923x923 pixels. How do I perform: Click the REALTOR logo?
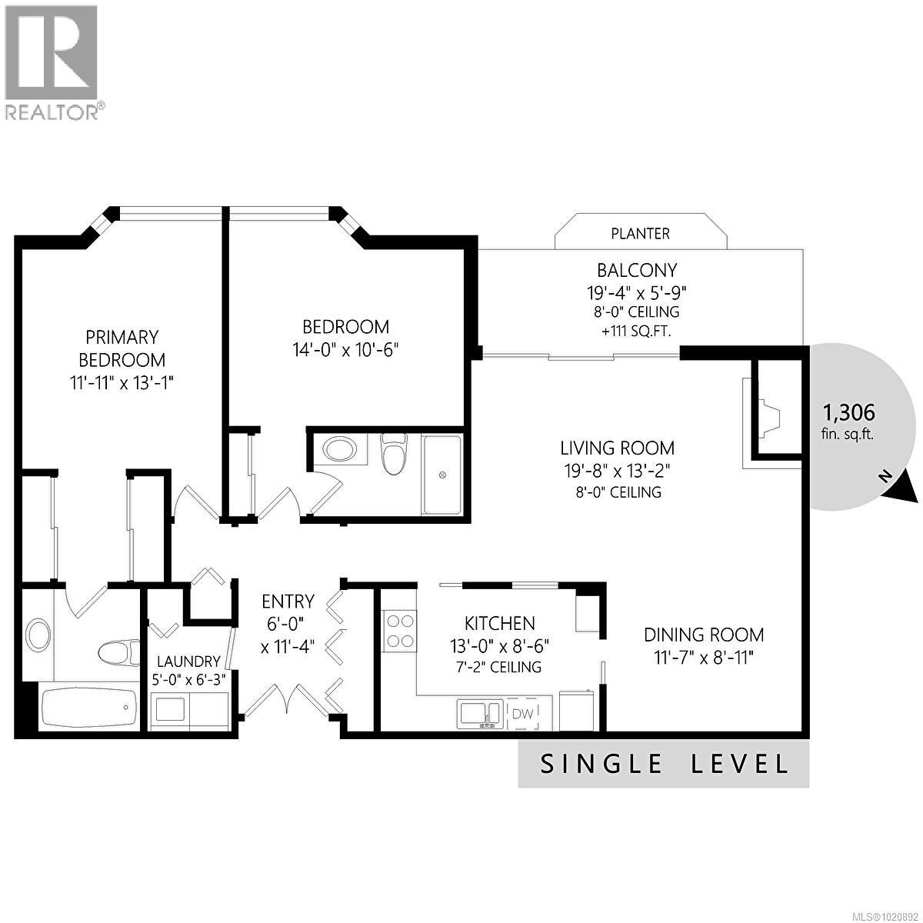tap(52, 62)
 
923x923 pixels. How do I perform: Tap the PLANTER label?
tap(640, 233)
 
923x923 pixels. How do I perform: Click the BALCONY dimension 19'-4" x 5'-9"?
tap(636, 292)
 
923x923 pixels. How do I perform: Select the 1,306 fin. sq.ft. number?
tap(848, 413)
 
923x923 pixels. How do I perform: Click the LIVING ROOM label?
tap(617, 448)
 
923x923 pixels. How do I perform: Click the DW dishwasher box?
tap(523, 714)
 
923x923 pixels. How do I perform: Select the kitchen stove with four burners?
tap(399, 631)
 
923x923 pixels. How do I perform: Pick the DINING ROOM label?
tap(703, 635)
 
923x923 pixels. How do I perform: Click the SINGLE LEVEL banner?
tap(664, 765)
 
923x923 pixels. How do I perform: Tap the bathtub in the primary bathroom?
tap(90, 706)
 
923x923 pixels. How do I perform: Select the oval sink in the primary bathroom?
tap(38, 636)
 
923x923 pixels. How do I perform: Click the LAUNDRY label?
tap(188, 661)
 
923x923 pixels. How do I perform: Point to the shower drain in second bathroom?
tap(442, 476)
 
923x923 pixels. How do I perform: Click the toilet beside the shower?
tap(394, 454)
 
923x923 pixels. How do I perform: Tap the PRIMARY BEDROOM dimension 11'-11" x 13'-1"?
tap(122, 382)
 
